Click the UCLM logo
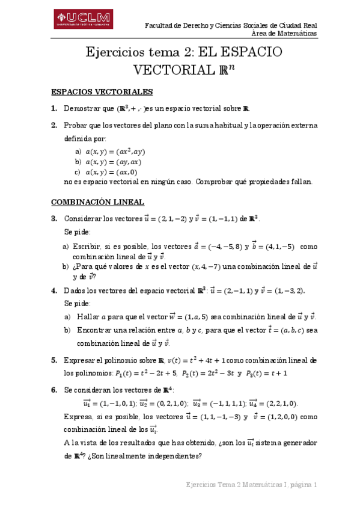coord(84,20)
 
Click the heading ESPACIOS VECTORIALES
coord(102,92)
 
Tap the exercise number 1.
coord(54,109)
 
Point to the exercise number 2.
coord(54,125)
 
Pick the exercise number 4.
coord(54,290)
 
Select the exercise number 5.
coord(54,360)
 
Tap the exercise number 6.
coord(54,390)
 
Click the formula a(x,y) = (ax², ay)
coord(115,152)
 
